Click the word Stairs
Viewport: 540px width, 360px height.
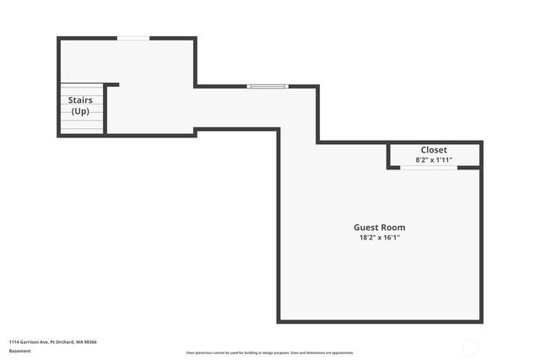click(81, 100)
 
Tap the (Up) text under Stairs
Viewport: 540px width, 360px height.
click(81, 111)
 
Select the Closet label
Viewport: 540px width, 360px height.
click(434, 150)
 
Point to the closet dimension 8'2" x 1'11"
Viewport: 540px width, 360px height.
click(434, 160)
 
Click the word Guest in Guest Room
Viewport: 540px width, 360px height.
click(366, 228)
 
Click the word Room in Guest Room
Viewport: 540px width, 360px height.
click(393, 228)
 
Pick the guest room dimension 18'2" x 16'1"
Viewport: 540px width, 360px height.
click(379, 239)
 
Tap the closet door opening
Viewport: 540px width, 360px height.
click(429, 168)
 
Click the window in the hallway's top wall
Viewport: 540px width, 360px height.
click(267, 86)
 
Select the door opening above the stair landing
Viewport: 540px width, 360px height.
click(133, 38)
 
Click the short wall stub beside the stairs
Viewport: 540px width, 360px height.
click(111, 84)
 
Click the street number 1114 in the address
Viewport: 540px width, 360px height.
click(14, 342)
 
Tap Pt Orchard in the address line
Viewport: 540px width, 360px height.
click(62, 342)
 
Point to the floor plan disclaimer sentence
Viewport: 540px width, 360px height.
click(270, 352)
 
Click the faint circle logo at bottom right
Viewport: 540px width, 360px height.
click(471, 347)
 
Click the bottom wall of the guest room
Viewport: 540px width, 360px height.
click(380, 321)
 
